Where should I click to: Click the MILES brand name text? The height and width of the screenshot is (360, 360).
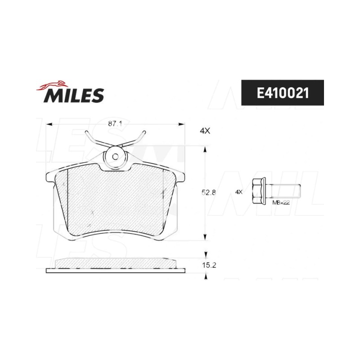coord(74,95)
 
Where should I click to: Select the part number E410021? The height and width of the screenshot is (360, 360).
coord(283,93)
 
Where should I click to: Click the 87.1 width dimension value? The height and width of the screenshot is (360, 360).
coord(115,124)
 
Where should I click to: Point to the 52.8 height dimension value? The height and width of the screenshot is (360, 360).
coord(208,193)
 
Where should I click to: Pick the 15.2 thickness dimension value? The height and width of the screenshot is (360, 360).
coord(209,265)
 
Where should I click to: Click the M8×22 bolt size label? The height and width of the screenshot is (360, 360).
coord(281,202)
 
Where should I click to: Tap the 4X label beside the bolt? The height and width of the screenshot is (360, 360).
coord(239,192)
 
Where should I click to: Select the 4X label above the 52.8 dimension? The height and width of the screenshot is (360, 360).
coord(205,131)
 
